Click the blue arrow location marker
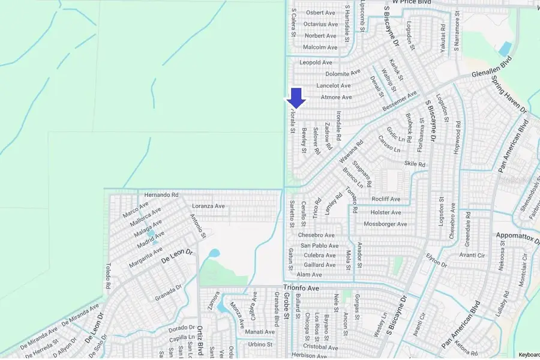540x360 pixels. (297, 98)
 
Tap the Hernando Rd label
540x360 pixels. (158, 195)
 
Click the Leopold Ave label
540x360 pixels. (316, 62)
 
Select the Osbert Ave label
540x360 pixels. (320, 13)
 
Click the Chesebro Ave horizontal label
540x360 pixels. (320, 235)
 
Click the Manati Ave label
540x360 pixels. (259, 331)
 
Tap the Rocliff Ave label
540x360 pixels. (385, 199)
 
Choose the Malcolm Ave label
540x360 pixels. (320, 47)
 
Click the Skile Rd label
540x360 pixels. (415, 164)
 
